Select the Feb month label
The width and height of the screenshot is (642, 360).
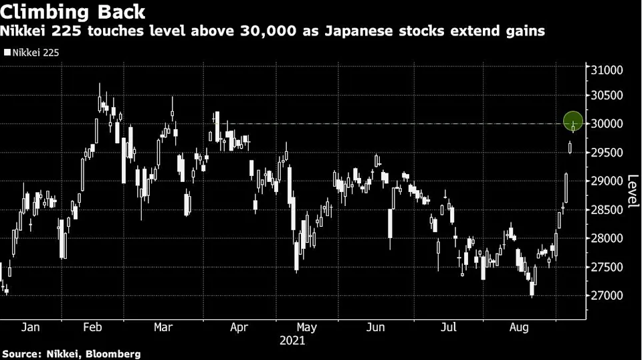(92, 327)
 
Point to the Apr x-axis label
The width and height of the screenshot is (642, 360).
(239, 327)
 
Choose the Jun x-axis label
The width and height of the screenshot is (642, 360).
(376, 327)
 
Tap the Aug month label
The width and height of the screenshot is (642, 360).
(518, 327)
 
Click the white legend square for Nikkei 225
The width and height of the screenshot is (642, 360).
(7, 51)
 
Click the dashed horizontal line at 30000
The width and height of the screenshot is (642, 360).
(401, 124)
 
